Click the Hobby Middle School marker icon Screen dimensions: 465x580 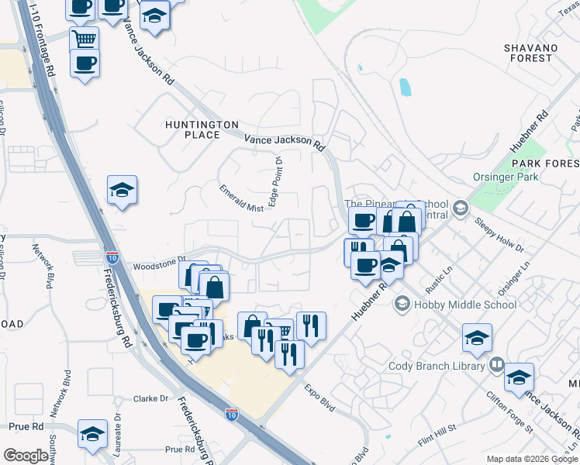[x=402, y=305]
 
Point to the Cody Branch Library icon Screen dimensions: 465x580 [x=497, y=364]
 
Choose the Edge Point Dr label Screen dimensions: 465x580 [x=275, y=182]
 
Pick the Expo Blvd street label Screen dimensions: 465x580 [x=319, y=394]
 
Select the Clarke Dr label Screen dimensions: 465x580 [x=150, y=398]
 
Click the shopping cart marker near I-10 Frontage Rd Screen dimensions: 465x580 [x=84, y=38]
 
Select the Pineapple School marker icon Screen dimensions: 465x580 [x=461, y=208]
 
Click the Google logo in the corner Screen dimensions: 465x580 [x=26, y=456]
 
